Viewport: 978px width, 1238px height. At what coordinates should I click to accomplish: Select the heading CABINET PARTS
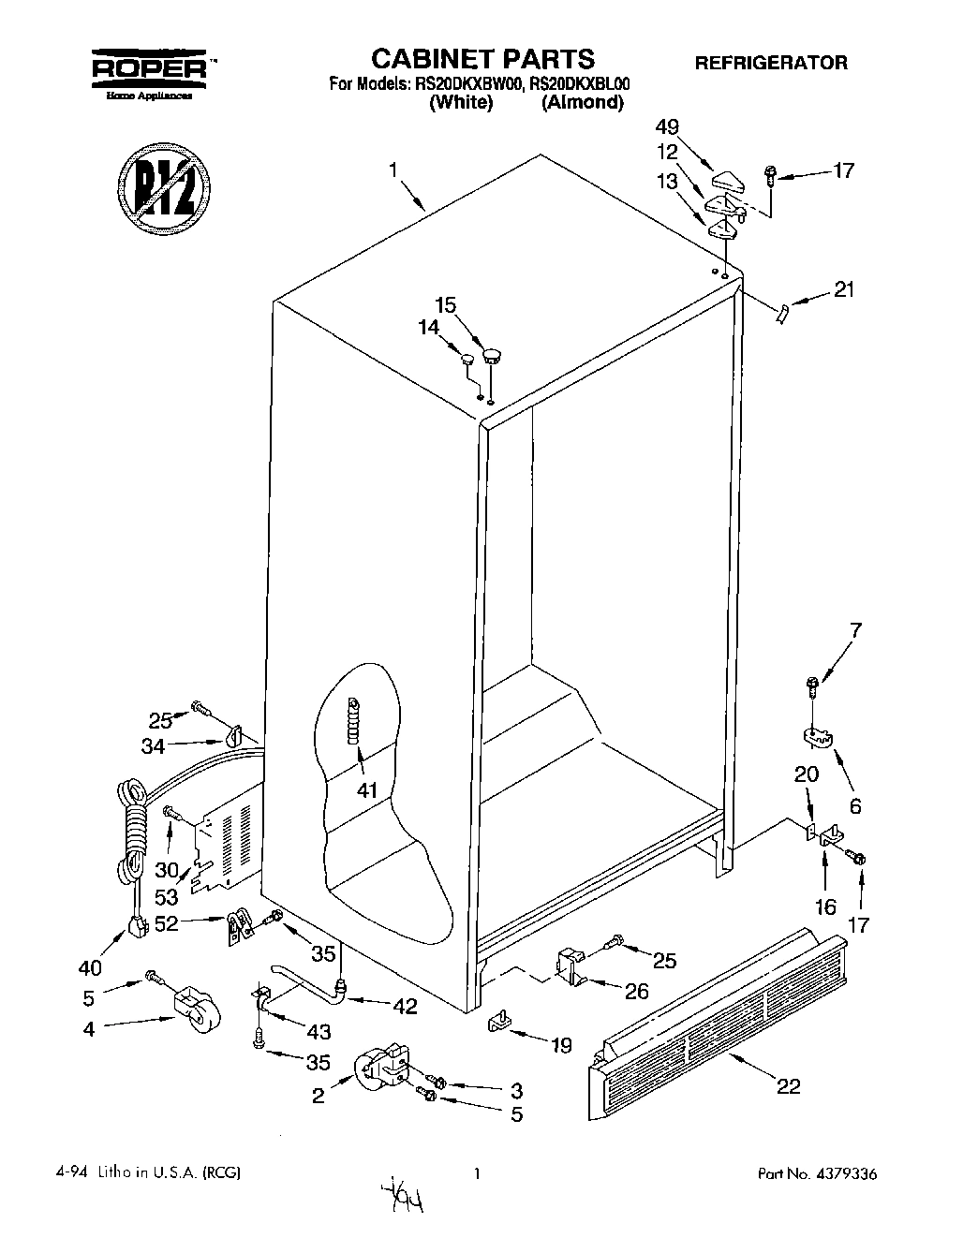(x=482, y=59)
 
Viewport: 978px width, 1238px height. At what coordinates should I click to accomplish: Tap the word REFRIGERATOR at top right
(x=770, y=63)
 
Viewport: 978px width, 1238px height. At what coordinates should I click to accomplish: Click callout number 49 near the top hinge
(x=667, y=127)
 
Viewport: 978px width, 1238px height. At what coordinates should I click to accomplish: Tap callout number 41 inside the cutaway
(x=367, y=790)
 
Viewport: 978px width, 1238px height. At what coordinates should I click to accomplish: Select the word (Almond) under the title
(x=582, y=103)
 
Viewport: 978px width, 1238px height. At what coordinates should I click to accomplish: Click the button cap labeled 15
(x=492, y=354)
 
